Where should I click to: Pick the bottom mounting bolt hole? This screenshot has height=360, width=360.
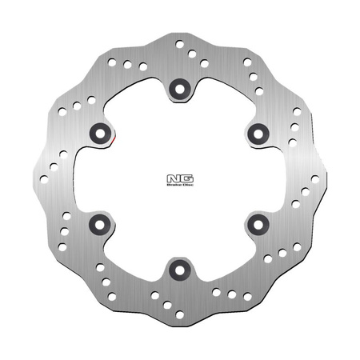tap(179, 270)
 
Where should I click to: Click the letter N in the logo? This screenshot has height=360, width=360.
tap(170, 177)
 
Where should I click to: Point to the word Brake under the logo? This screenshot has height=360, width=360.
tap(170, 185)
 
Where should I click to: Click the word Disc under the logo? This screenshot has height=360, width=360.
tap(181, 185)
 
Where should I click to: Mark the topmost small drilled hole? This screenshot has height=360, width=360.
tap(179, 44)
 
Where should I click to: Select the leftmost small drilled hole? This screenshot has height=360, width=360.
tap(44, 179)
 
